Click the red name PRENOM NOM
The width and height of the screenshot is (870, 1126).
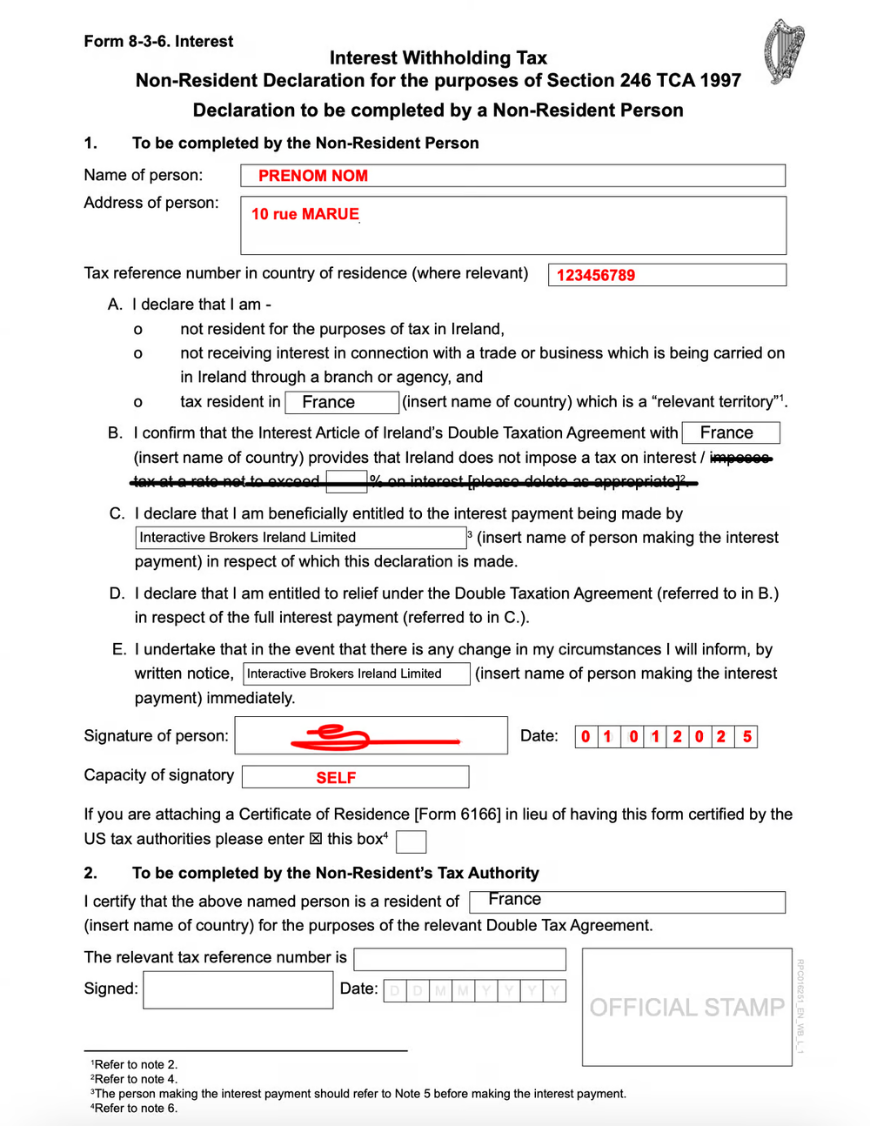pos(312,176)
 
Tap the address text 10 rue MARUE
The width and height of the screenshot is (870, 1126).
pos(304,214)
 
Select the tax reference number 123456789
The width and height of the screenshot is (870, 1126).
pos(596,275)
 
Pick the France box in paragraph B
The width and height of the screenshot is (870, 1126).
pos(730,432)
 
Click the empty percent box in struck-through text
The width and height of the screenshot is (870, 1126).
pos(346,481)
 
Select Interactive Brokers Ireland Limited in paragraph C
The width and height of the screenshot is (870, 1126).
pos(300,538)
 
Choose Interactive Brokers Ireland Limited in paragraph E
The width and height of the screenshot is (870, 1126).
pos(356,674)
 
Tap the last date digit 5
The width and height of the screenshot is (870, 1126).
pos(746,737)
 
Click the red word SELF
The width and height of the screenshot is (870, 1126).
pos(336,777)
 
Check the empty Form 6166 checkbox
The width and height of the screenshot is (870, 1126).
pos(411,841)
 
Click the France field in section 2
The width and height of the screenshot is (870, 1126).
pos(626,901)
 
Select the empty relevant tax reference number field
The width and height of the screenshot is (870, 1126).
pos(459,959)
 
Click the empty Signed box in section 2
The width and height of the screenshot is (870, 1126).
pos(238,990)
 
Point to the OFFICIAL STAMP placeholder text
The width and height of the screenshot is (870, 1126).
pos(686,1007)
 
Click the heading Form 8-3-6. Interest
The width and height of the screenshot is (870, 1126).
pos(158,41)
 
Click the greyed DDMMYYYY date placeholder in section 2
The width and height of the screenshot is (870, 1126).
pos(474,990)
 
